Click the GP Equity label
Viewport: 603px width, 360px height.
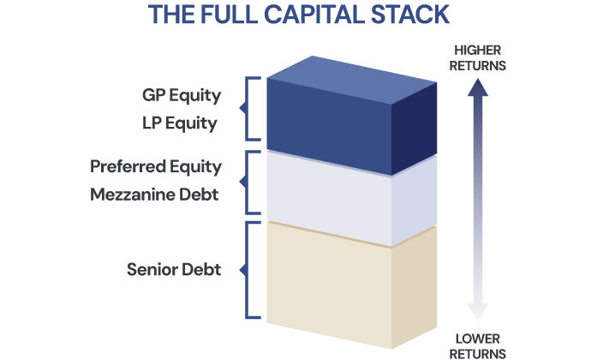pyautogui.click(x=182, y=94)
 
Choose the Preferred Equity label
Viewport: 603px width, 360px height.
pyautogui.click(x=156, y=166)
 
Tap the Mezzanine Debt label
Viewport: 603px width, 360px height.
pyautogui.click(x=154, y=195)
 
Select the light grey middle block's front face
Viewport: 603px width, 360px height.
pyautogui.click(x=330, y=195)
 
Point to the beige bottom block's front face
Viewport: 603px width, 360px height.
pyautogui.click(x=330, y=274)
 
